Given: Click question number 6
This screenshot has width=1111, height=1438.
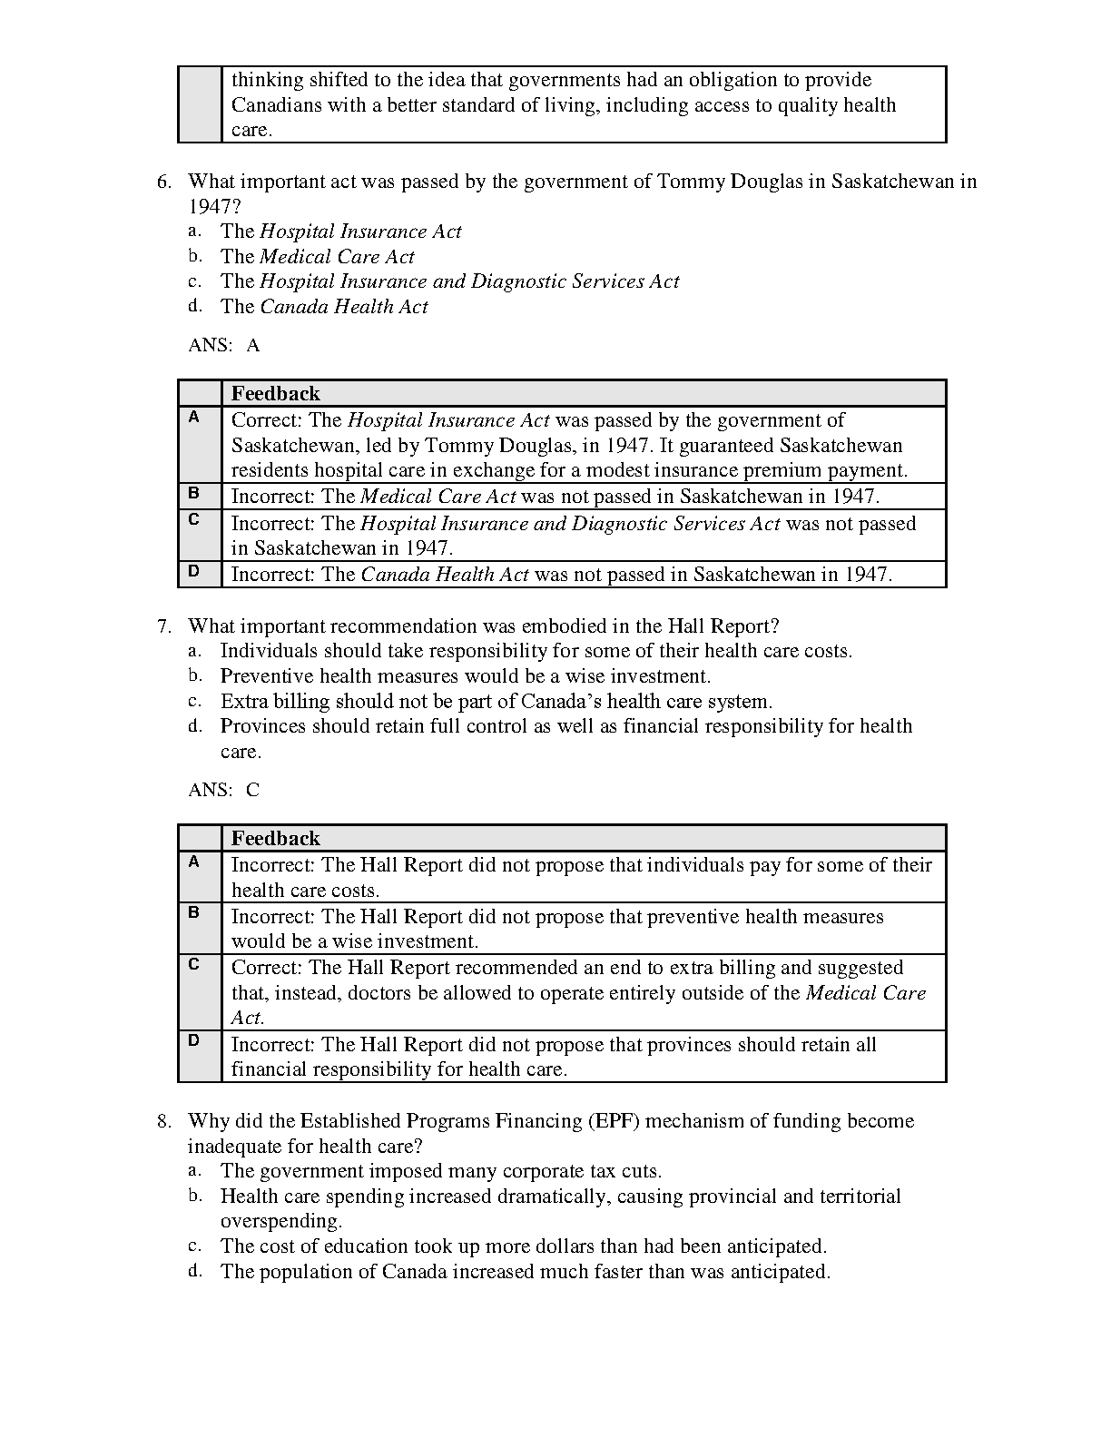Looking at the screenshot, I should coord(163,182).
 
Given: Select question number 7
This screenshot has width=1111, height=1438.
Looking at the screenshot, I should coord(163,626).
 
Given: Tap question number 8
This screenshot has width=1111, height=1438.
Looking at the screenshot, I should coord(163,1121).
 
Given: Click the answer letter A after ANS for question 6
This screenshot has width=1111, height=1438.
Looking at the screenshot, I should coord(253,345).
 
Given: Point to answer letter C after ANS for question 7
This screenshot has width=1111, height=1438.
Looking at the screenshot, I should coord(252,790).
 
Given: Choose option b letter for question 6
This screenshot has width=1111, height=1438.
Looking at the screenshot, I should coord(194,257).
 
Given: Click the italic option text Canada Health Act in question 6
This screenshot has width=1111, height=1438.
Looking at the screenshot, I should coord(343,307).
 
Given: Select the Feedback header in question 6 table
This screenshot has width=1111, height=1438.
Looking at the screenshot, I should coord(275,393).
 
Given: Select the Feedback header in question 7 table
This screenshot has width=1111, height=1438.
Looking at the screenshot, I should coord(275,838).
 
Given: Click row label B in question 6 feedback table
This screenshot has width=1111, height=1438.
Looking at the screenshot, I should coord(193,494).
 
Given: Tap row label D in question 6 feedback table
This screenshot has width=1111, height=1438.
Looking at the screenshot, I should coord(193,571).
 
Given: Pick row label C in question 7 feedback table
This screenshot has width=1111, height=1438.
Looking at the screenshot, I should coord(193,964).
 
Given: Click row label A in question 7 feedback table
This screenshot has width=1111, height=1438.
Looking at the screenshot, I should coord(193,862).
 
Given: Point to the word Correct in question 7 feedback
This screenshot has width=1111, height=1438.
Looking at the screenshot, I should coord(265,968).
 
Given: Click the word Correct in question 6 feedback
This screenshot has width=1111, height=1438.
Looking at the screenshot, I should coord(265,420).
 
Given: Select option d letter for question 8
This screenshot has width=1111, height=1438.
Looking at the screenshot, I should coord(194,1271).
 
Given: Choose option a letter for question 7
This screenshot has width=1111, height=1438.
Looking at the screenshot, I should coord(194,651).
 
